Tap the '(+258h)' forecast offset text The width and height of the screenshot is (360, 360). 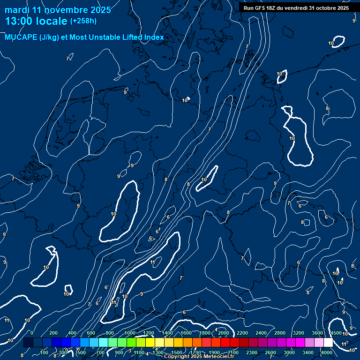pos(83,21)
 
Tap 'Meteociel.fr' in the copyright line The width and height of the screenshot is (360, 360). pos(218,357)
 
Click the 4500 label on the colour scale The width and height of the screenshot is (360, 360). pos(336,333)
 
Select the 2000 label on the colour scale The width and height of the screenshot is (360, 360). pos(224,333)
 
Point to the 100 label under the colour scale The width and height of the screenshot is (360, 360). pos(44,352)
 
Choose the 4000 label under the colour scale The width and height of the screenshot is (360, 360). pos(327,352)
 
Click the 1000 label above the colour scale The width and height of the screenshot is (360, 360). pos(130,333)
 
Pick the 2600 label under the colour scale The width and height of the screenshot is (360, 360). pos(270,352)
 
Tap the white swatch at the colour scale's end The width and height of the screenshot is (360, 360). pos(328,343)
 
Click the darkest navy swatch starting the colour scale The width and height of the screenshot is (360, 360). pos(28,343)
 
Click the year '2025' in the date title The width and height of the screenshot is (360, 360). pos(99,10)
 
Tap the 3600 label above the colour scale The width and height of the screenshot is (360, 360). pos(317,333)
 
